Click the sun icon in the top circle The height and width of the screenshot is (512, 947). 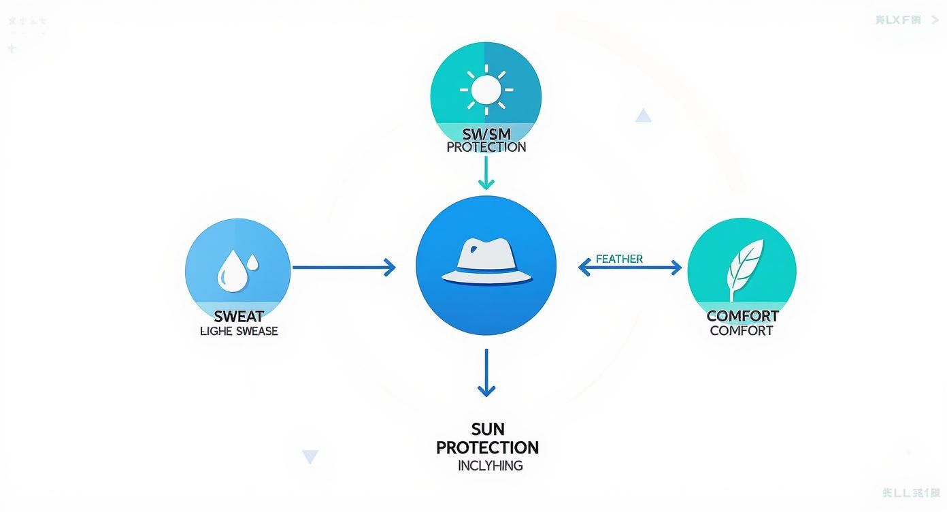[486, 89]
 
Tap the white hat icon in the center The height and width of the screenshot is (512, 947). [486, 262]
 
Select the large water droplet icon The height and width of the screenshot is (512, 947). [228, 270]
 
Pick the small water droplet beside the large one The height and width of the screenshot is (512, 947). [252, 261]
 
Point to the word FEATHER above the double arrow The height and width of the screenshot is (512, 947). [619, 259]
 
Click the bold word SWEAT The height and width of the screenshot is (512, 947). [238, 317]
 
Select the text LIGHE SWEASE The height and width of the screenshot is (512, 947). [239, 332]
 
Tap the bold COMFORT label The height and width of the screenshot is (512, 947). [742, 316]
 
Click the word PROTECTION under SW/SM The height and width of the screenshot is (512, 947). [486, 147]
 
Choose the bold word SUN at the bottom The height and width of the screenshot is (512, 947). [487, 430]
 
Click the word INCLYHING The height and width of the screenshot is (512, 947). [490, 466]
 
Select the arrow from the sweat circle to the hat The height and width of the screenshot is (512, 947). [344, 268]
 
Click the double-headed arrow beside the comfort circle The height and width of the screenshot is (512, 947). [629, 268]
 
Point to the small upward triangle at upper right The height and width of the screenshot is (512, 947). [643, 116]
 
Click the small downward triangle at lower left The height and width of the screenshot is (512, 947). [310, 457]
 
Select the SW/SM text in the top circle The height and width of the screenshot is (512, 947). [486, 133]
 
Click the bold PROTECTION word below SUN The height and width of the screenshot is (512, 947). [487, 448]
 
